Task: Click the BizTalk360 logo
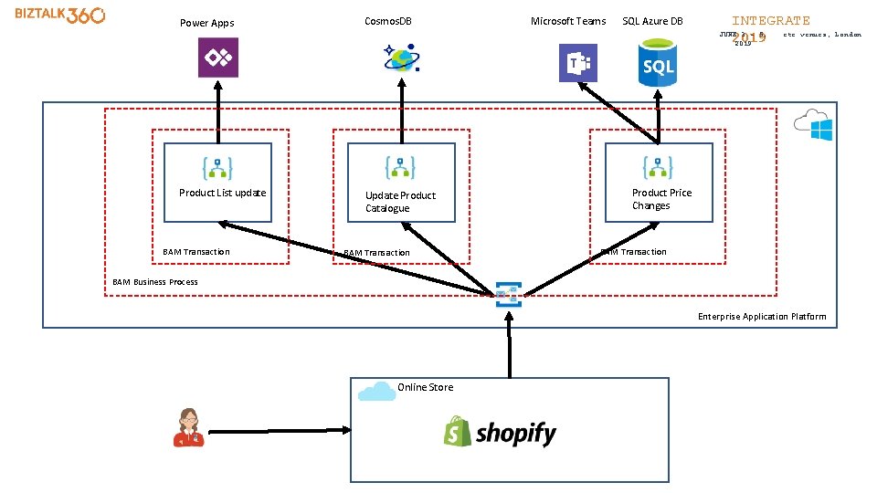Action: (60, 16)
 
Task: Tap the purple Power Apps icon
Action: (218, 58)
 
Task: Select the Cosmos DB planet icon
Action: (401, 58)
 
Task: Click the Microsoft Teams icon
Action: (577, 63)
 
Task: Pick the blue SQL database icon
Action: (658, 63)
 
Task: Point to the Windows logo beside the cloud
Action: (821, 130)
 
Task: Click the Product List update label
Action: (222, 193)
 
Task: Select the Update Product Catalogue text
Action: (400, 202)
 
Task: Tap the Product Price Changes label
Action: (661, 199)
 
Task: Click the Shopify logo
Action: (500, 432)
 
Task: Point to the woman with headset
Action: (188, 427)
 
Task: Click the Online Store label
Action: (425, 387)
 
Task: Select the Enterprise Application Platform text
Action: (762, 317)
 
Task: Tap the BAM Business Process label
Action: (155, 282)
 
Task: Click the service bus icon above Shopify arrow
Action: (508, 294)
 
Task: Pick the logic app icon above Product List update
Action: (217, 168)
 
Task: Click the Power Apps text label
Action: (206, 23)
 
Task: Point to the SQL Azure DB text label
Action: (652, 21)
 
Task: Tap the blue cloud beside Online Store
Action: (376, 392)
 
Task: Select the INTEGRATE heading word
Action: (770, 20)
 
